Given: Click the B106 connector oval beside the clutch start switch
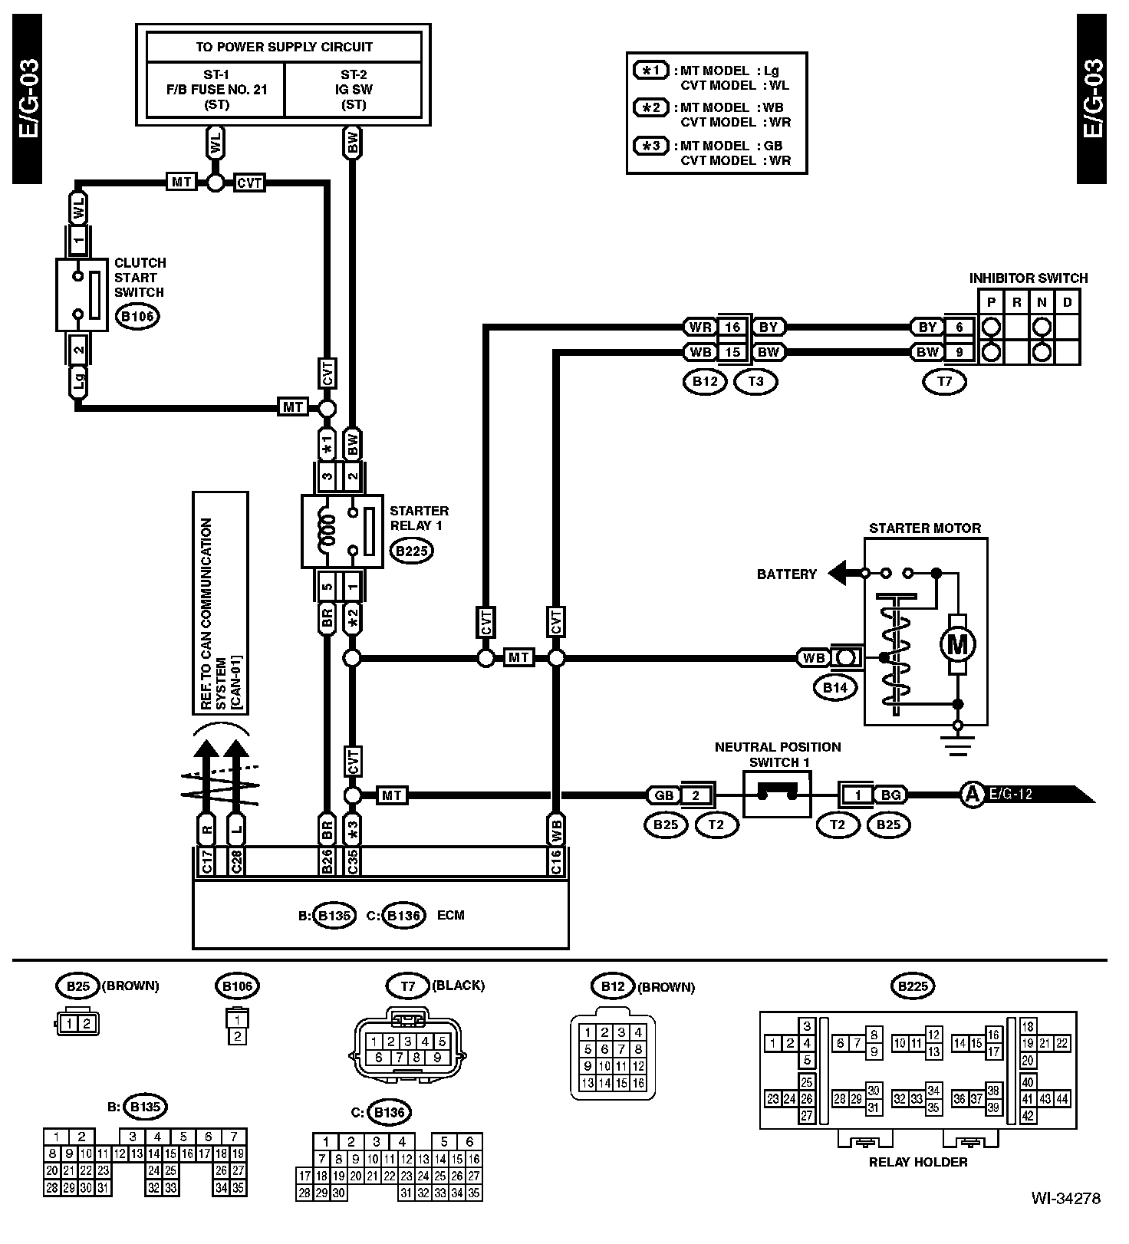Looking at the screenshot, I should pyautogui.click(x=137, y=316).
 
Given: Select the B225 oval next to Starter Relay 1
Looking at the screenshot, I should pyautogui.click(x=411, y=550).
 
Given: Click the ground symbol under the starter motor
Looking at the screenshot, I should pyautogui.click(x=957, y=742).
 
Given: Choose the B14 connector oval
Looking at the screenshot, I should pyautogui.click(x=835, y=688).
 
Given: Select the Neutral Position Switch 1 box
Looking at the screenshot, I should pyautogui.click(x=777, y=795).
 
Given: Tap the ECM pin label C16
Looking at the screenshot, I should pyautogui.click(x=556, y=861).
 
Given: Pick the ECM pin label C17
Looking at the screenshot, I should pyautogui.click(x=206, y=861).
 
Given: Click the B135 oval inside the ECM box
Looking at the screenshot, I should pyautogui.click(x=334, y=915).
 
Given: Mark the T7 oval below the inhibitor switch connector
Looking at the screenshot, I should pyautogui.click(x=945, y=381).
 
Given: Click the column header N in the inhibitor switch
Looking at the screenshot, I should pyautogui.click(x=1042, y=302).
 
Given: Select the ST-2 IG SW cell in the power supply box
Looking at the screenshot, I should pyautogui.click(x=353, y=89).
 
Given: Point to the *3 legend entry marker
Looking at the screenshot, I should pyautogui.click(x=650, y=145).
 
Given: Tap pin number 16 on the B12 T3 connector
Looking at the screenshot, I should pyautogui.click(x=733, y=327).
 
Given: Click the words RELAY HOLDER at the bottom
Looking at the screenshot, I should pyautogui.click(x=917, y=1161).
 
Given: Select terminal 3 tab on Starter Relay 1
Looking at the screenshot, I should pyautogui.click(x=327, y=476).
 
